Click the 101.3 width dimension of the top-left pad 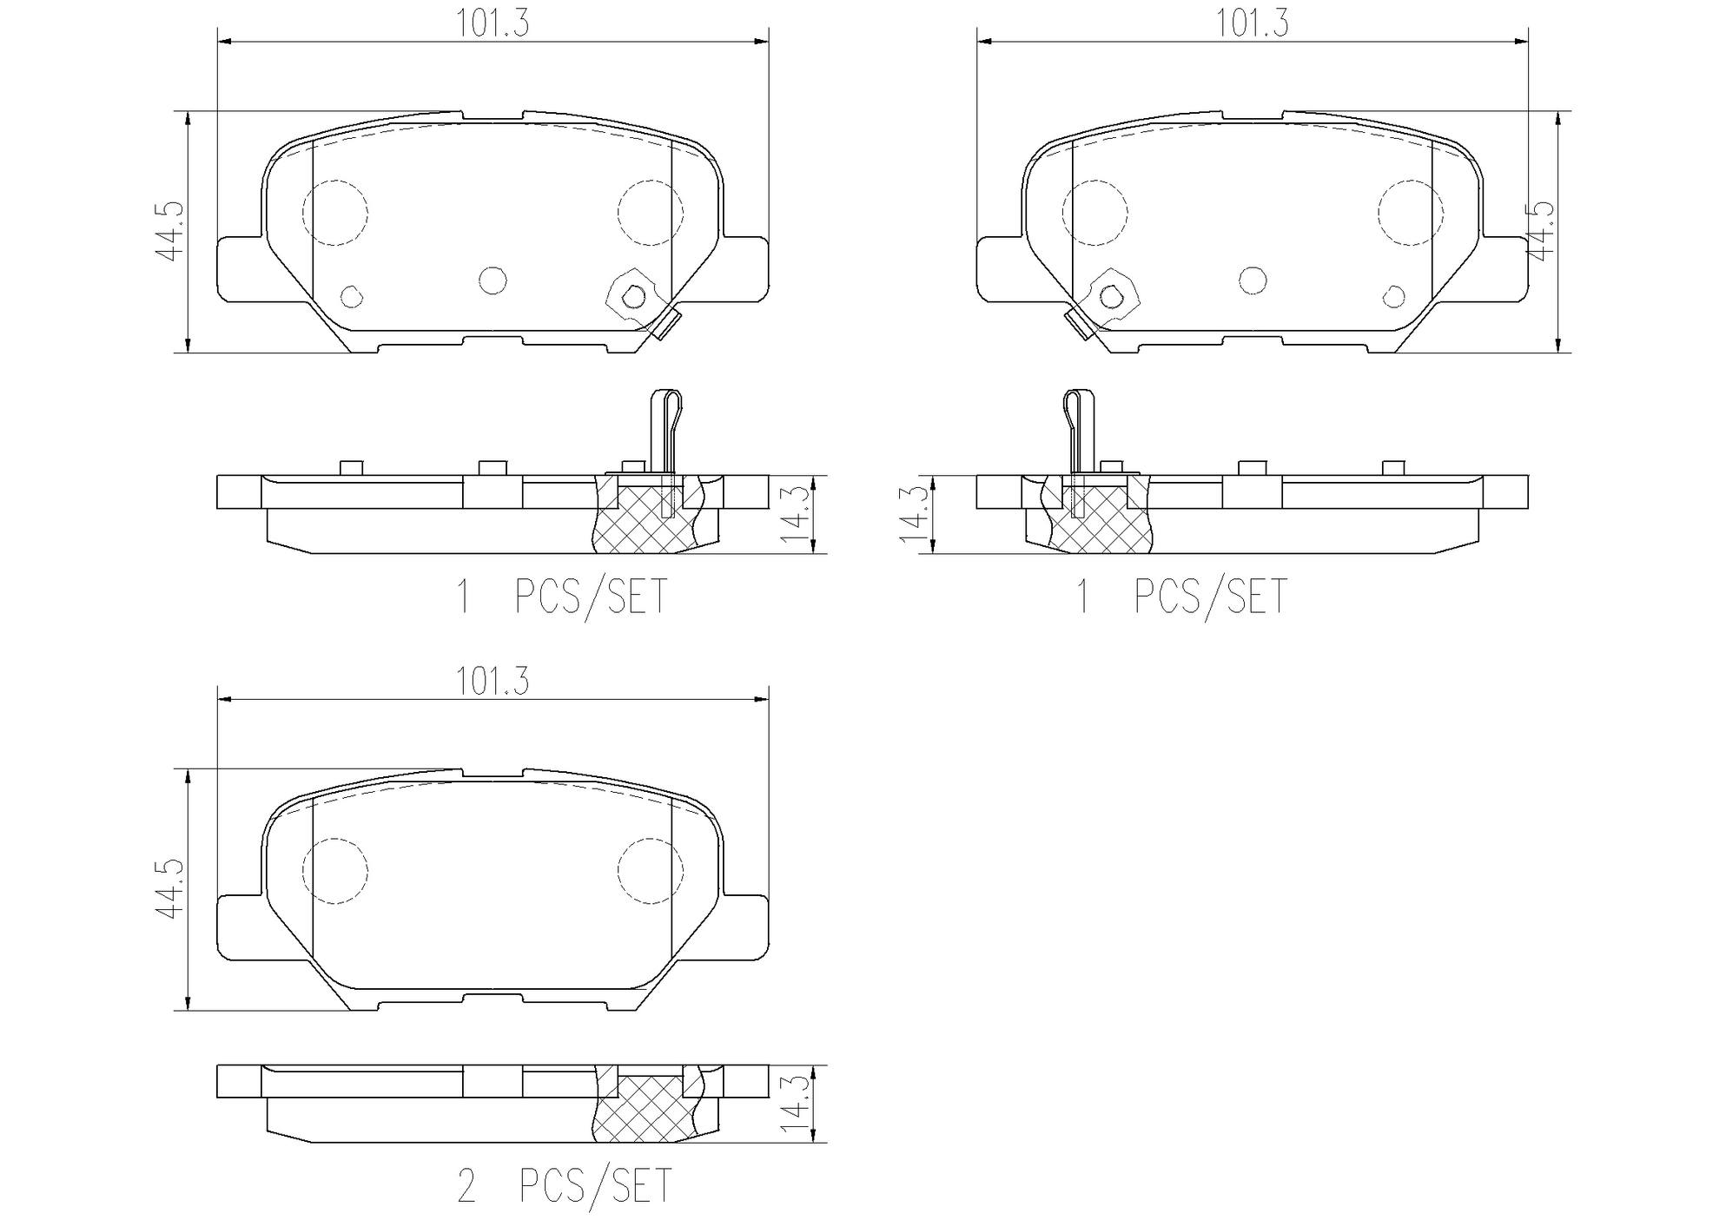tap(493, 23)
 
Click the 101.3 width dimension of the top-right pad tap(1251, 23)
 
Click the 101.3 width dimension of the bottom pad tap(493, 682)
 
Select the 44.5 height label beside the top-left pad tap(171, 231)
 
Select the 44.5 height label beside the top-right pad tap(1540, 231)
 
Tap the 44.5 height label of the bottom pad tap(171, 889)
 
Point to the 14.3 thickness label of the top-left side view tap(795, 514)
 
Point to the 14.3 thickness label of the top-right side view tap(912, 514)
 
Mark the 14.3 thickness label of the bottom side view tap(795, 1104)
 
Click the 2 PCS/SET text tap(565, 1185)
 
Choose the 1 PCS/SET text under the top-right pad tap(1181, 597)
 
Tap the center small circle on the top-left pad tap(493, 280)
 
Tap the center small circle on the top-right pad tap(1253, 280)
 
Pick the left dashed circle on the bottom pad tap(334, 870)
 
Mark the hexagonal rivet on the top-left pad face tap(633, 297)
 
